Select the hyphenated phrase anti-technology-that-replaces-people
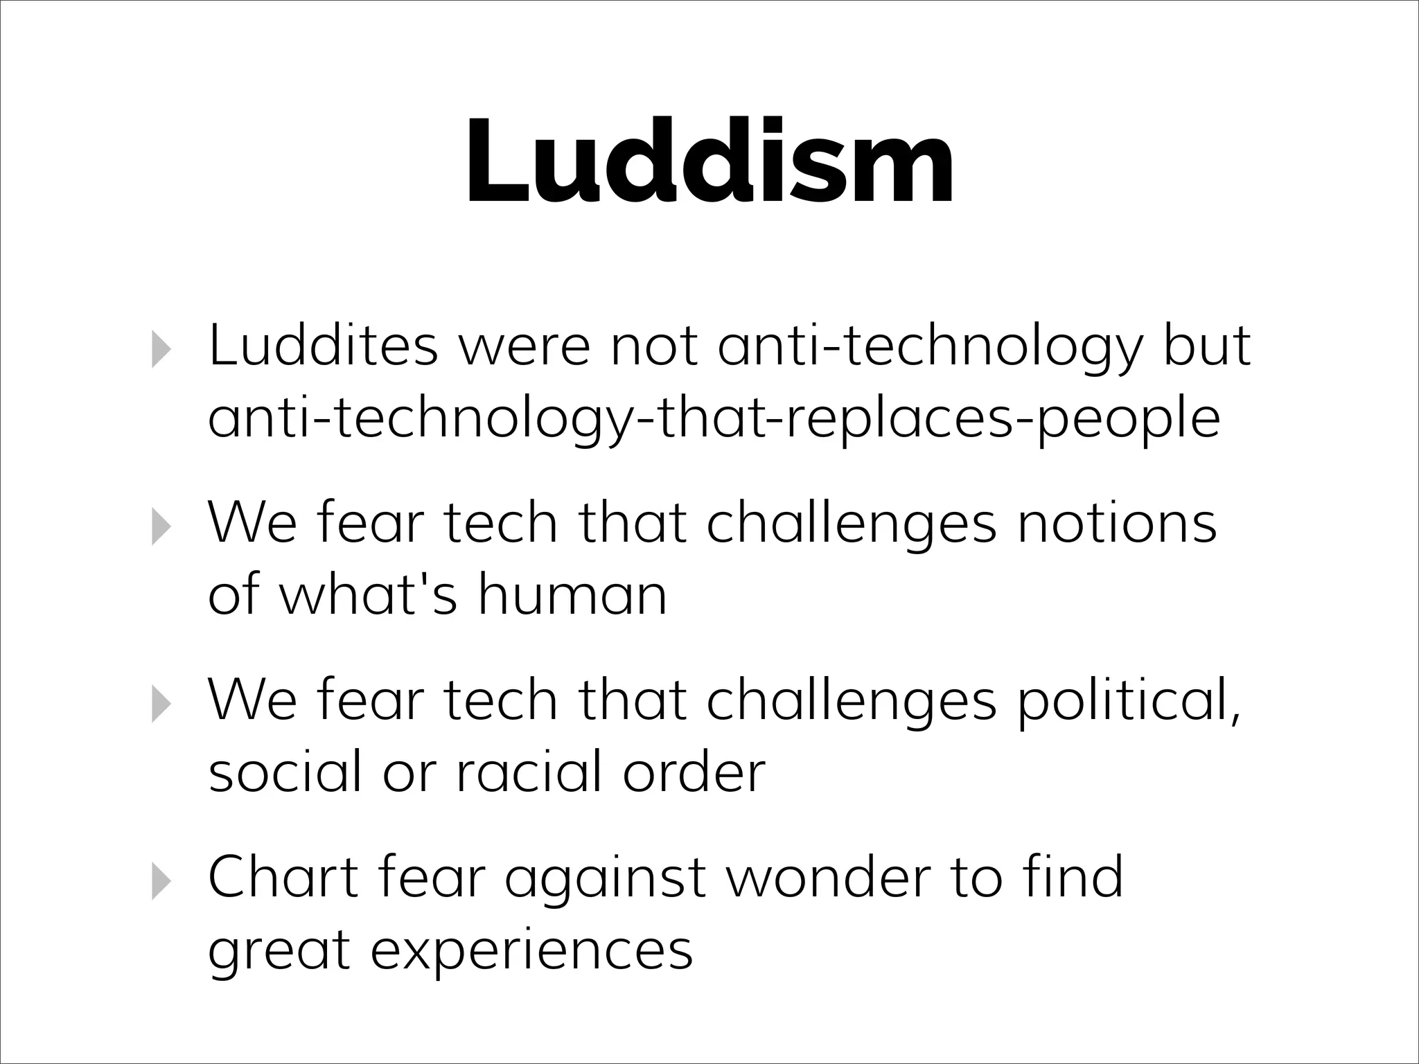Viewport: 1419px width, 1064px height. pyautogui.click(x=714, y=420)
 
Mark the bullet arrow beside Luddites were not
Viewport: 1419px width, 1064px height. pyautogui.click(x=160, y=348)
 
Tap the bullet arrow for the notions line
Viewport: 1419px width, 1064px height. pyautogui.click(x=160, y=526)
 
